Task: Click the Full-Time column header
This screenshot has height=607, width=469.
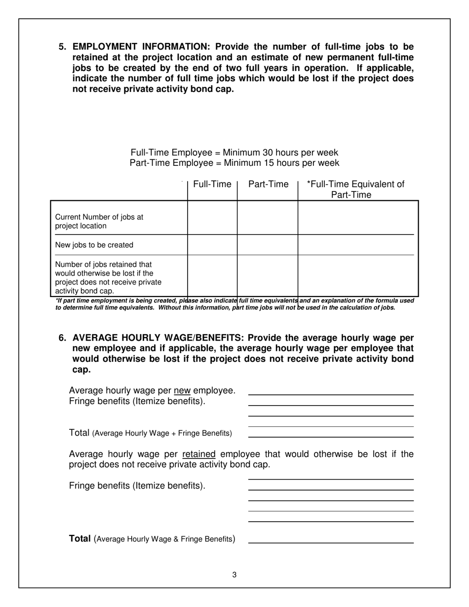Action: click(x=212, y=185)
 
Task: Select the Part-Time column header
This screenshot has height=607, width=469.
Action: click(x=268, y=185)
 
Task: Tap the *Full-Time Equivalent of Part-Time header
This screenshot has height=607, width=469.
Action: click(x=355, y=190)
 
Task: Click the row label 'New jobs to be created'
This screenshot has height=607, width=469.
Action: click(x=94, y=245)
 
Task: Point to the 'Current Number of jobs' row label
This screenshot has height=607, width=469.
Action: click(x=99, y=222)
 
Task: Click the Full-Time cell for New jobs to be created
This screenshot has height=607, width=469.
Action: click(x=212, y=245)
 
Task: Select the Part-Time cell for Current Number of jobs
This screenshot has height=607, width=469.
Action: click(x=268, y=218)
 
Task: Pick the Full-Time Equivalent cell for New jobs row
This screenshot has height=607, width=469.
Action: click(x=357, y=245)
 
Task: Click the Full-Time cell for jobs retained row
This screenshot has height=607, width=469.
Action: click(x=212, y=275)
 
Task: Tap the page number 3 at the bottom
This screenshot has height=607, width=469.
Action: click(x=234, y=574)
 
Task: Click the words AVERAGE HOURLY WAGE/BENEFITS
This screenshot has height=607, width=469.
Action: click(x=157, y=338)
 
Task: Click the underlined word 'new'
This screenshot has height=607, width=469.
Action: click(x=182, y=391)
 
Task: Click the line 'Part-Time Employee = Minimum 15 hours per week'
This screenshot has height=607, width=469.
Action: click(x=234, y=163)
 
